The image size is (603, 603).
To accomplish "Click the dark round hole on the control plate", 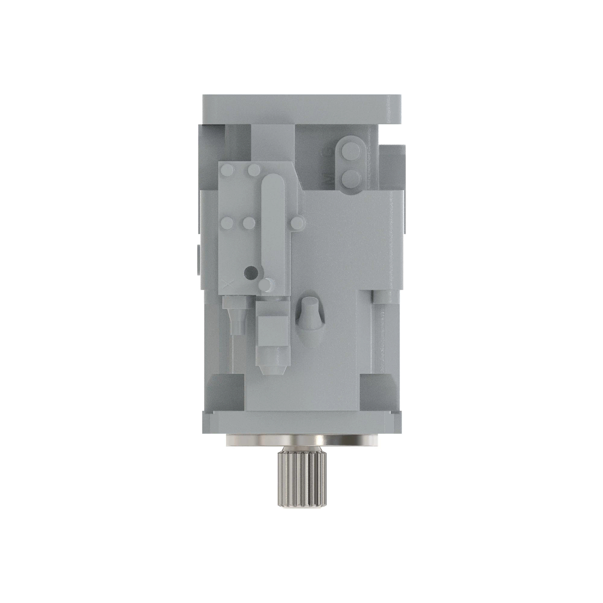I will pos(250,273).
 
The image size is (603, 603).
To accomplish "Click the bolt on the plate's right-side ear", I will pos(297,222).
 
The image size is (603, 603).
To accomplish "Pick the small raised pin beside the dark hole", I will pos(267,285).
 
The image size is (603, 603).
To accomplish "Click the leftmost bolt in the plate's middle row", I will pos(227,222).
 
